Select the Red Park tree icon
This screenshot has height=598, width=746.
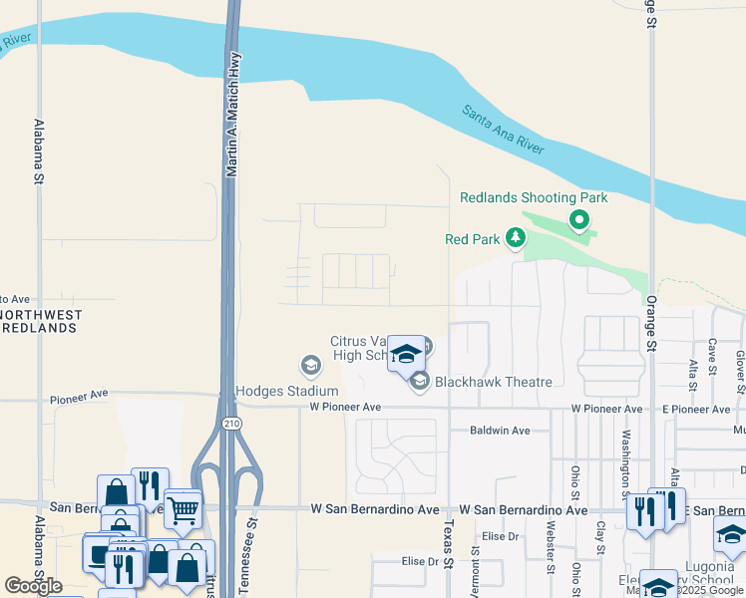pos(515,238)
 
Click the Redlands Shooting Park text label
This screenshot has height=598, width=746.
pos(534,198)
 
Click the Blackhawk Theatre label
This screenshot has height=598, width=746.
pos(493,382)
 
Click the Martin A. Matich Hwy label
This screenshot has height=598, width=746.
pos(232,115)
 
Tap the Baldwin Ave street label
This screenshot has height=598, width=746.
pos(501,431)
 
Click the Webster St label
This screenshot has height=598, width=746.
pos(551,547)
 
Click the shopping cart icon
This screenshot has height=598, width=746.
pos(183,509)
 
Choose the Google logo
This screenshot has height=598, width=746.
pos(33,586)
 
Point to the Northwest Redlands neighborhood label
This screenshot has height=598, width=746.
pos(41,321)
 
